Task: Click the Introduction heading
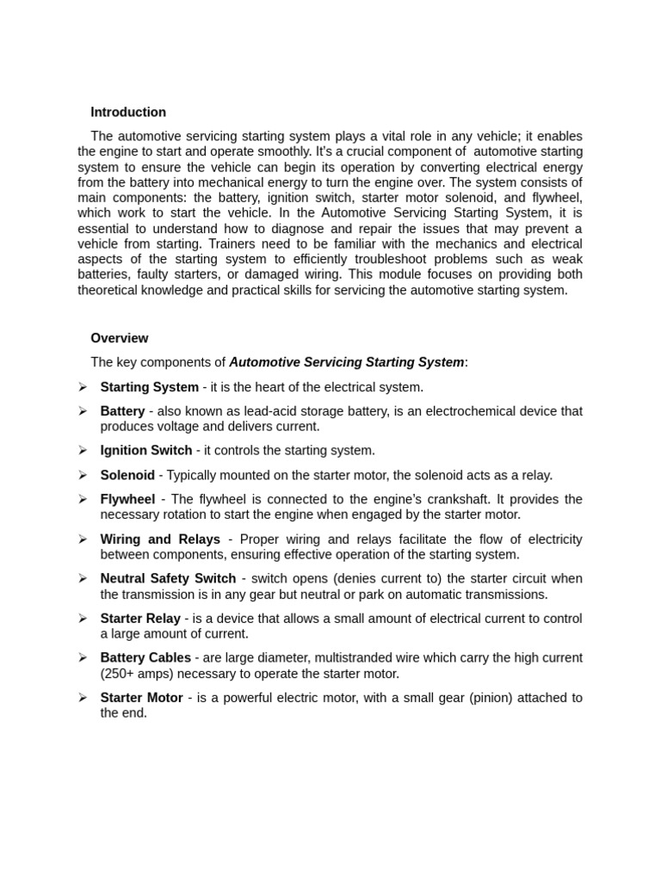coord(128,112)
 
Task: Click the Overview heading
coord(119,338)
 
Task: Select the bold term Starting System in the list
coord(149,387)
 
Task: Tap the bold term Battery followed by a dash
coord(122,411)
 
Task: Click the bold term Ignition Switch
coord(146,450)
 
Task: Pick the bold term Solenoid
coord(127,475)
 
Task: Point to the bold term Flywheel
coord(127,499)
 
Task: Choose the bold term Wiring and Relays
coord(160,539)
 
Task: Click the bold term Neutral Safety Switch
coord(168,578)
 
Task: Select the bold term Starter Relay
coord(140,618)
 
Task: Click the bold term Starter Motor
coord(141,697)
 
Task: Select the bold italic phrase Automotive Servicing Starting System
coord(346,362)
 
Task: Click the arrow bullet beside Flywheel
coord(83,499)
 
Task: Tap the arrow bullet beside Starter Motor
coord(83,697)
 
